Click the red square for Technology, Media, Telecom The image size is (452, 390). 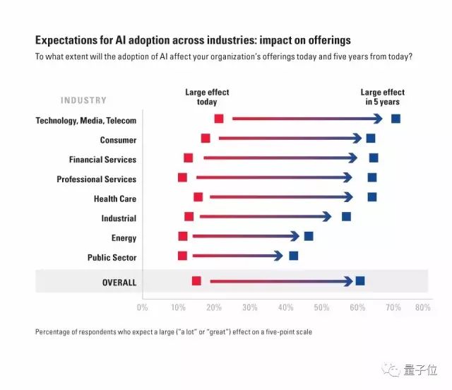coord(219,119)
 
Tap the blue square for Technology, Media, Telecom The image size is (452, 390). coord(395,119)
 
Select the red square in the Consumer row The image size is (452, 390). coord(206,138)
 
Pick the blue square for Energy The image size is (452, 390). coord(309,236)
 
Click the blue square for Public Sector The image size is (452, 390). coord(294,256)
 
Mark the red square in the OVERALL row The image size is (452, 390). coord(196,281)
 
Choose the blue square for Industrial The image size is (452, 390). coord(346,216)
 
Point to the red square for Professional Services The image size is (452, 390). coord(183,177)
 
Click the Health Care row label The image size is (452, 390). coord(114,199)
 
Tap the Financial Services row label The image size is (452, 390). coord(102,160)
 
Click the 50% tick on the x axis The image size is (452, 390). coord(321,307)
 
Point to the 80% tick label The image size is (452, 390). coord(422,307)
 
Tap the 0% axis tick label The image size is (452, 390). coord(142,307)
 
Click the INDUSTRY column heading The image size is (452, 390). coord(84,101)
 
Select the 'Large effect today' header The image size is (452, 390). coord(207,97)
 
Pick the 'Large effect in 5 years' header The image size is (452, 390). coord(382,97)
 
